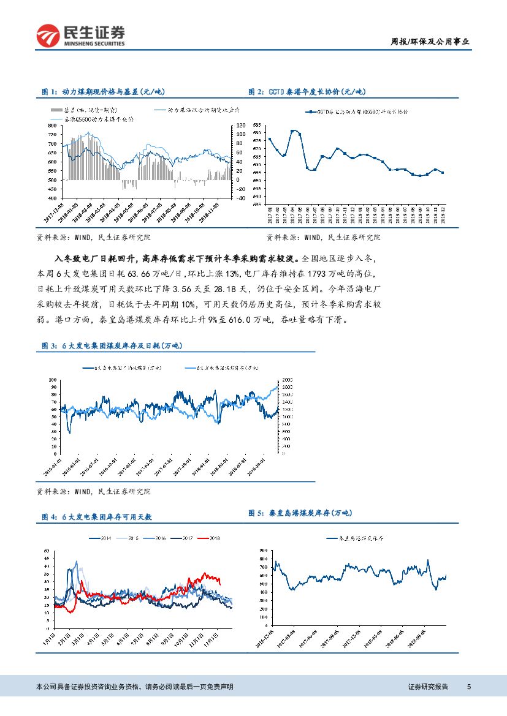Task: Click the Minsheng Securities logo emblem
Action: pyautogui.click(x=47, y=36)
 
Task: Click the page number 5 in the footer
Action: pyautogui.click(x=469, y=687)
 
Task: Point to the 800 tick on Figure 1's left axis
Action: pyautogui.click(x=54, y=125)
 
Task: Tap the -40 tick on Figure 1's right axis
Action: pyautogui.click(x=240, y=198)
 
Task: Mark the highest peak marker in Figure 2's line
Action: pyautogui.click(x=292, y=131)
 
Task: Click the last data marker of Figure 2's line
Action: pyautogui.click(x=443, y=173)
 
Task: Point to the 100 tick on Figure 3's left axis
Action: pyautogui.click(x=53, y=380)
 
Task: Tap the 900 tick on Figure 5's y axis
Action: pyautogui.click(x=263, y=551)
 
